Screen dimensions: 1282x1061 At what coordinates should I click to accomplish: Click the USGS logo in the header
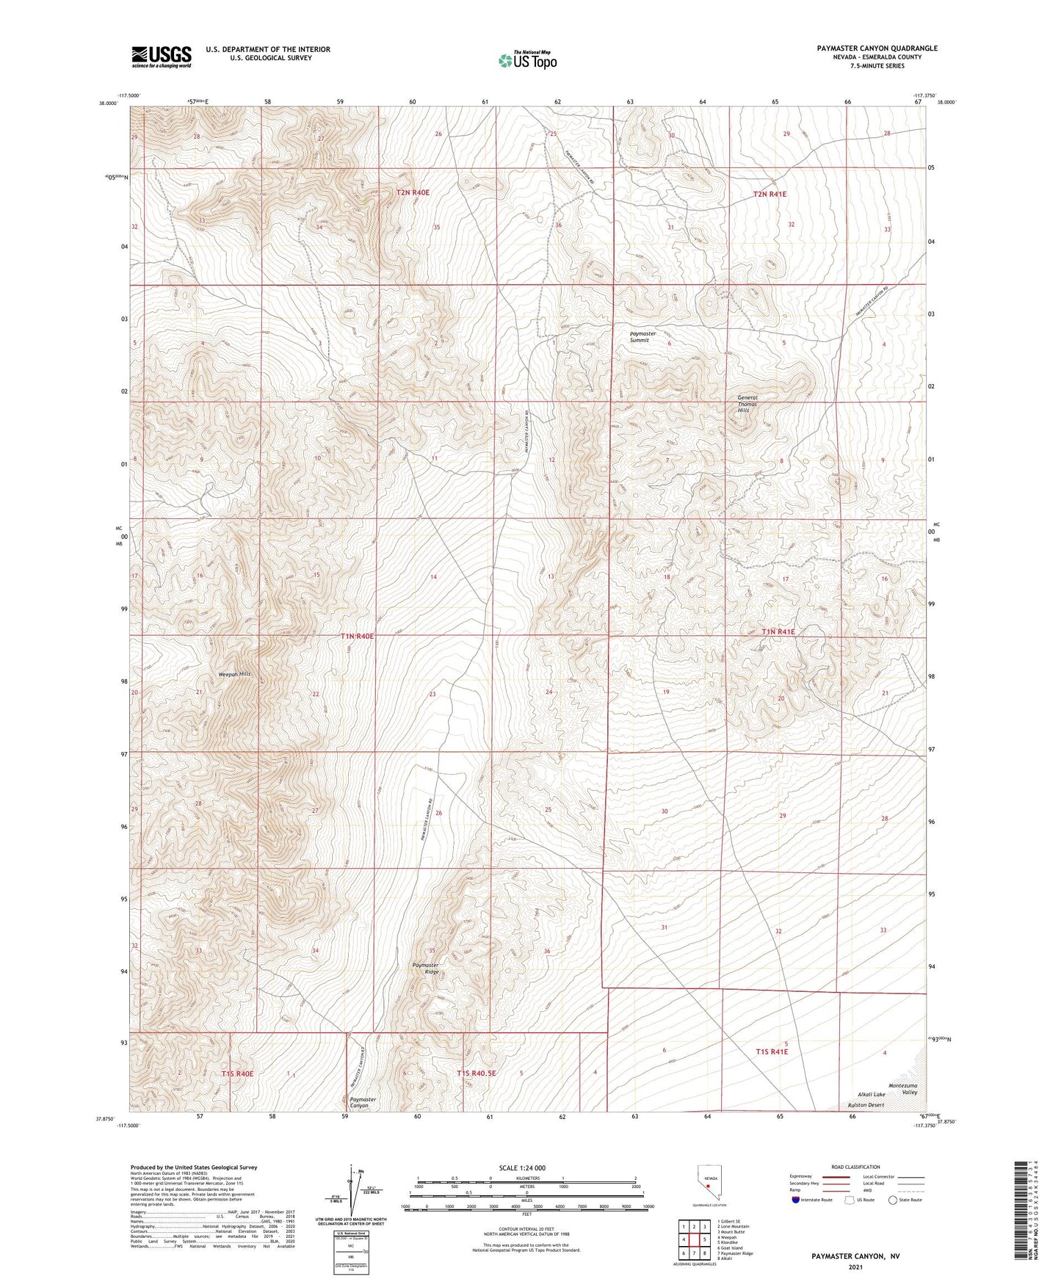[x=162, y=57]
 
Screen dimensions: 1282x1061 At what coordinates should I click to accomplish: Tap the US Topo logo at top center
[x=526, y=60]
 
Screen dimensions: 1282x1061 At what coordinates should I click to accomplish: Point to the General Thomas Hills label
[x=747, y=404]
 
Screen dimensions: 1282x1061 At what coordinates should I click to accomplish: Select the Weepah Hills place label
[x=235, y=674]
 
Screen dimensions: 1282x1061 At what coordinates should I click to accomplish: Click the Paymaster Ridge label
[x=426, y=968]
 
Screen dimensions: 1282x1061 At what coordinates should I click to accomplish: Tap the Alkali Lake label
[x=872, y=1094]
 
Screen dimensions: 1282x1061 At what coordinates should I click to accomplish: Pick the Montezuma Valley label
[x=903, y=1088]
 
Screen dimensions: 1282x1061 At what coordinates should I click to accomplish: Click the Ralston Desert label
[x=866, y=1104]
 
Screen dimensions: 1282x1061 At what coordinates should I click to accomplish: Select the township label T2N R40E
[x=413, y=192]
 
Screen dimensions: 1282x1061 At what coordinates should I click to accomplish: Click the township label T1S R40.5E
[x=477, y=1073]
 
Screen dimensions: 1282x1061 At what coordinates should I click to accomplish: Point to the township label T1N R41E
[x=778, y=631]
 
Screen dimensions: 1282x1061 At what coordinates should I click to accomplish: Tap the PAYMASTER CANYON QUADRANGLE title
[x=877, y=48]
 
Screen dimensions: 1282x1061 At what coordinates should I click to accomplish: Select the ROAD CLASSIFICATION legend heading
[x=855, y=1167]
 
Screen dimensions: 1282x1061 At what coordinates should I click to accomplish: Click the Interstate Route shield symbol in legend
[x=797, y=1200]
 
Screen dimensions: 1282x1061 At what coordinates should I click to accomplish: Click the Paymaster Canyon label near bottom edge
[x=363, y=1102]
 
